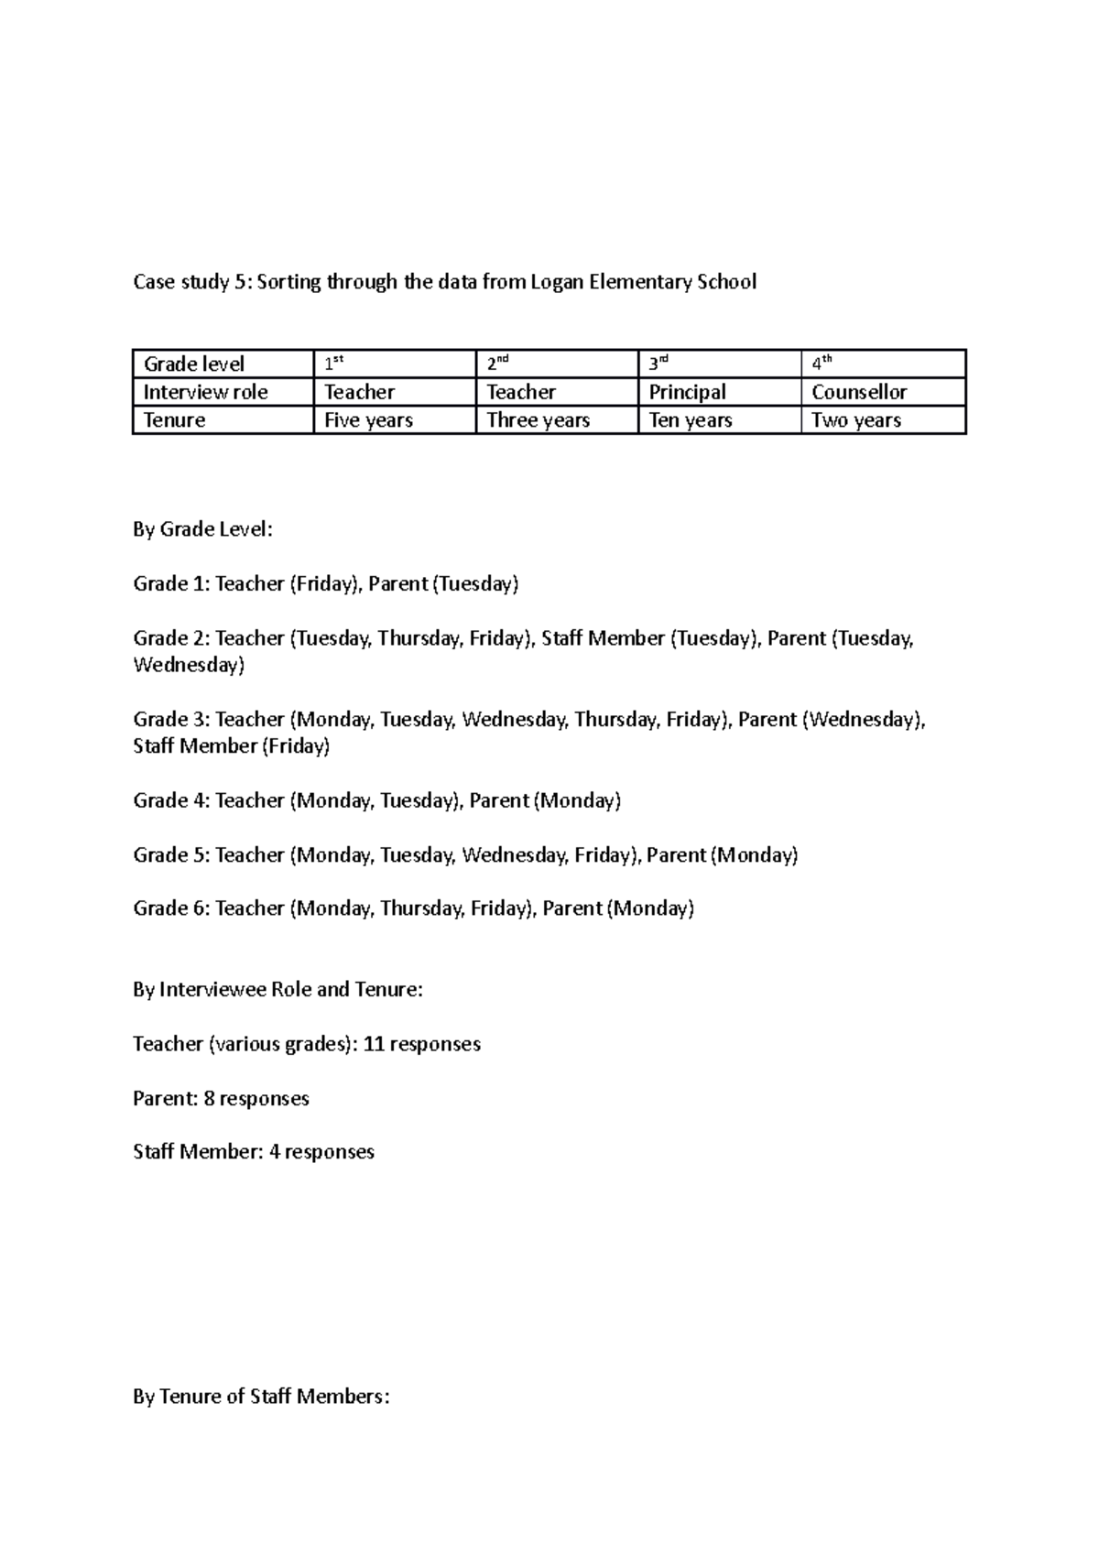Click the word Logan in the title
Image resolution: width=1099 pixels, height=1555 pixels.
click(x=558, y=282)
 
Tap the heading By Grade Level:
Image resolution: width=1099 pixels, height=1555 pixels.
click(x=202, y=529)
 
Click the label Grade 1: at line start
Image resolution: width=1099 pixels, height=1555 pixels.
click(x=171, y=584)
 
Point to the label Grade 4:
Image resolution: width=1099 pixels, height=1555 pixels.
click(x=171, y=800)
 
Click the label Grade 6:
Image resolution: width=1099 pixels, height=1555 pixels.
click(x=171, y=908)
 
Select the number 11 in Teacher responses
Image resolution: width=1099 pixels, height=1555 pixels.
click(x=373, y=1044)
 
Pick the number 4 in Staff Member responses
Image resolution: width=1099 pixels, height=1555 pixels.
click(x=274, y=1152)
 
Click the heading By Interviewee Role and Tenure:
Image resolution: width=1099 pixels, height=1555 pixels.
click(x=277, y=990)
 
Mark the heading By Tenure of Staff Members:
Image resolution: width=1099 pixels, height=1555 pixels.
click(x=261, y=1397)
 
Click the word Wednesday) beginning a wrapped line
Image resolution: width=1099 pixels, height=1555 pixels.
click(x=189, y=665)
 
